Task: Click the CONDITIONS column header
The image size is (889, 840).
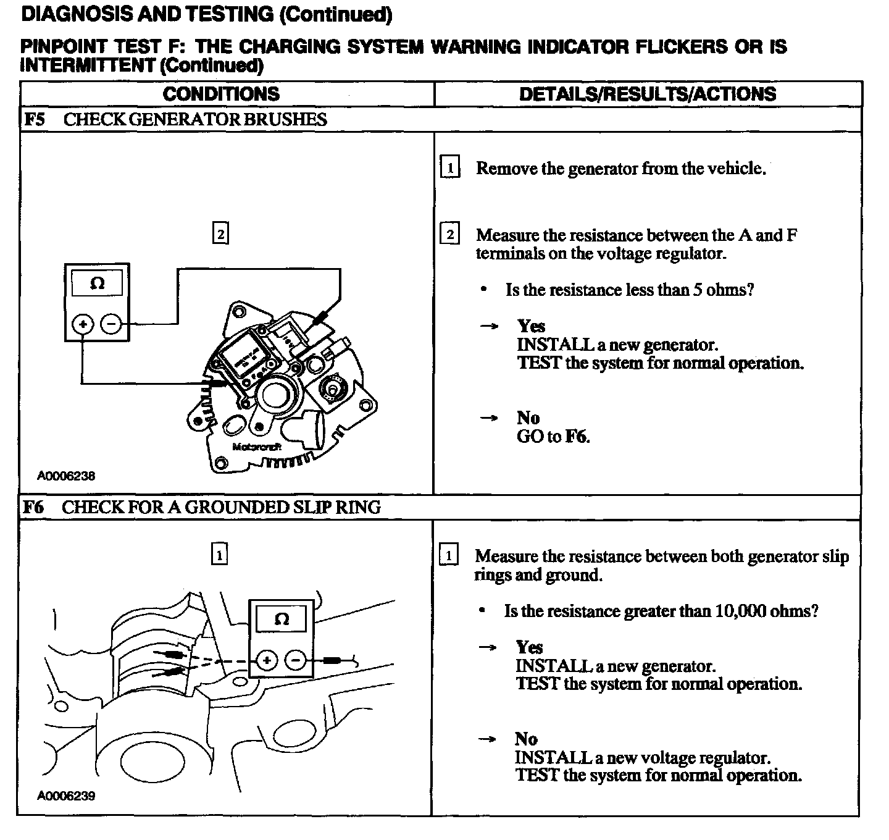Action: tap(221, 94)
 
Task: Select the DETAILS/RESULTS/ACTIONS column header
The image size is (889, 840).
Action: tap(648, 94)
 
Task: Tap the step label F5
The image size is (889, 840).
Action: tap(34, 119)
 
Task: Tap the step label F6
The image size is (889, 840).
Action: tap(33, 507)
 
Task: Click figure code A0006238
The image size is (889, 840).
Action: tap(66, 476)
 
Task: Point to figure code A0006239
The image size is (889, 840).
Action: tap(66, 796)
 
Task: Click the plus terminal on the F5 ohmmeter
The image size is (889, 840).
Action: tap(83, 324)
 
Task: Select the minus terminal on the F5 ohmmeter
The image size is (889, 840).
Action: tap(111, 324)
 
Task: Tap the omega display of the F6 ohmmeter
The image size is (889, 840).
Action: tap(281, 619)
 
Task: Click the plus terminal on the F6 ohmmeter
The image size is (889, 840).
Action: tap(267, 661)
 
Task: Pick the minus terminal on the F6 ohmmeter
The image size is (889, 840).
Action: tap(296, 661)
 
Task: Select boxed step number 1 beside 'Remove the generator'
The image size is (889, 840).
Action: tap(450, 168)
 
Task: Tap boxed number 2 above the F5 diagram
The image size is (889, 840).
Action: tap(220, 234)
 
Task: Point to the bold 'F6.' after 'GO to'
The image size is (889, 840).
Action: tap(578, 437)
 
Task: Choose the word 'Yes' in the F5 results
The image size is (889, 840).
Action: tap(531, 326)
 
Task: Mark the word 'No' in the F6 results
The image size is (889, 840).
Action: tap(527, 739)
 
